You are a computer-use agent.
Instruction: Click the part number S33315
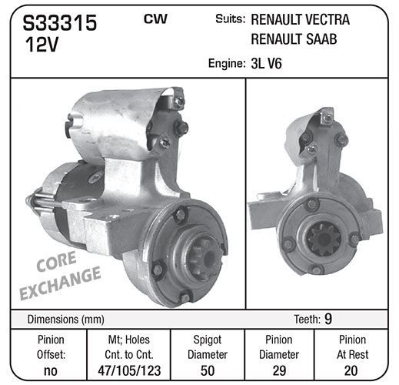tap(60, 23)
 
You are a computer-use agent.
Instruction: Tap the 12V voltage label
tap(42, 45)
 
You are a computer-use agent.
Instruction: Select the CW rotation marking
tap(155, 19)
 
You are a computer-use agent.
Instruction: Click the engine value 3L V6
tap(266, 63)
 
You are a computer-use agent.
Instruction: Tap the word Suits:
tap(231, 19)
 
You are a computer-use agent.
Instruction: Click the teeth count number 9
tap(328, 319)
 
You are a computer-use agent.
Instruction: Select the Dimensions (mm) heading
tap(66, 320)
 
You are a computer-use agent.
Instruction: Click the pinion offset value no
tap(51, 371)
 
